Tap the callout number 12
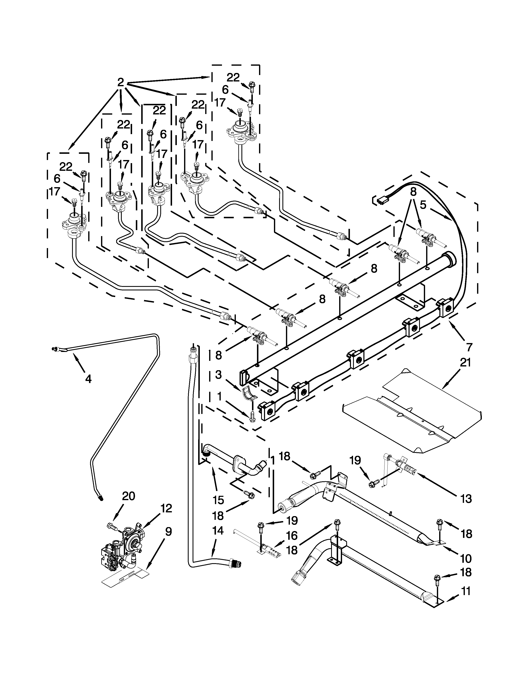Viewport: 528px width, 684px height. click(x=166, y=508)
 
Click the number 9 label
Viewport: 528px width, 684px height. click(x=168, y=531)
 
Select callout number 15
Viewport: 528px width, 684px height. click(x=218, y=500)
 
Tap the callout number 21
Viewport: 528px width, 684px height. click(x=465, y=363)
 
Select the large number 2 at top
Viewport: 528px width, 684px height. click(x=121, y=82)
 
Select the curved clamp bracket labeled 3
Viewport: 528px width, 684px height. click(x=249, y=395)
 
